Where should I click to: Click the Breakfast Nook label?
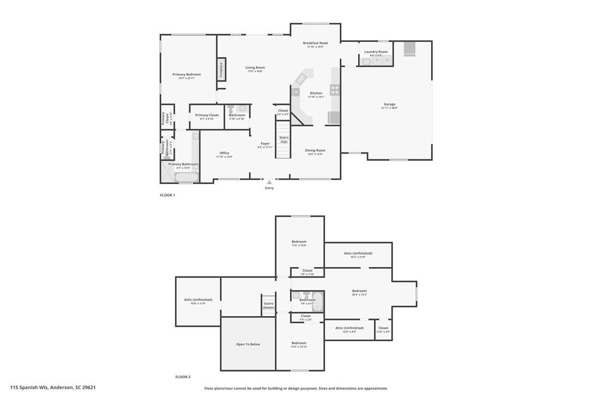point(316,43)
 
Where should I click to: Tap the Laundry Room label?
point(376,52)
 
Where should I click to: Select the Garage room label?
point(389,104)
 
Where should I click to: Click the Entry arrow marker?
point(269,182)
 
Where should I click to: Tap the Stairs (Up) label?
point(283,139)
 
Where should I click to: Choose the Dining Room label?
point(315,150)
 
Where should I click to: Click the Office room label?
point(224,153)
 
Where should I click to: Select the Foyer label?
point(265,144)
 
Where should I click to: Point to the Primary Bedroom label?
point(186,75)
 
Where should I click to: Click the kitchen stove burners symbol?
point(335,89)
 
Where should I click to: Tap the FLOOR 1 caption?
point(167,195)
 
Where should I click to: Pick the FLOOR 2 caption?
point(183,377)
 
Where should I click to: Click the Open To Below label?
point(248,344)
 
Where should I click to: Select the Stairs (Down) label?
point(269,305)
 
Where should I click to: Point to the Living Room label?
point(255,67)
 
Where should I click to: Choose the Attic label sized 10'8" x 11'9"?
point(198,300)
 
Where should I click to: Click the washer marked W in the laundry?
point(386,60)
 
